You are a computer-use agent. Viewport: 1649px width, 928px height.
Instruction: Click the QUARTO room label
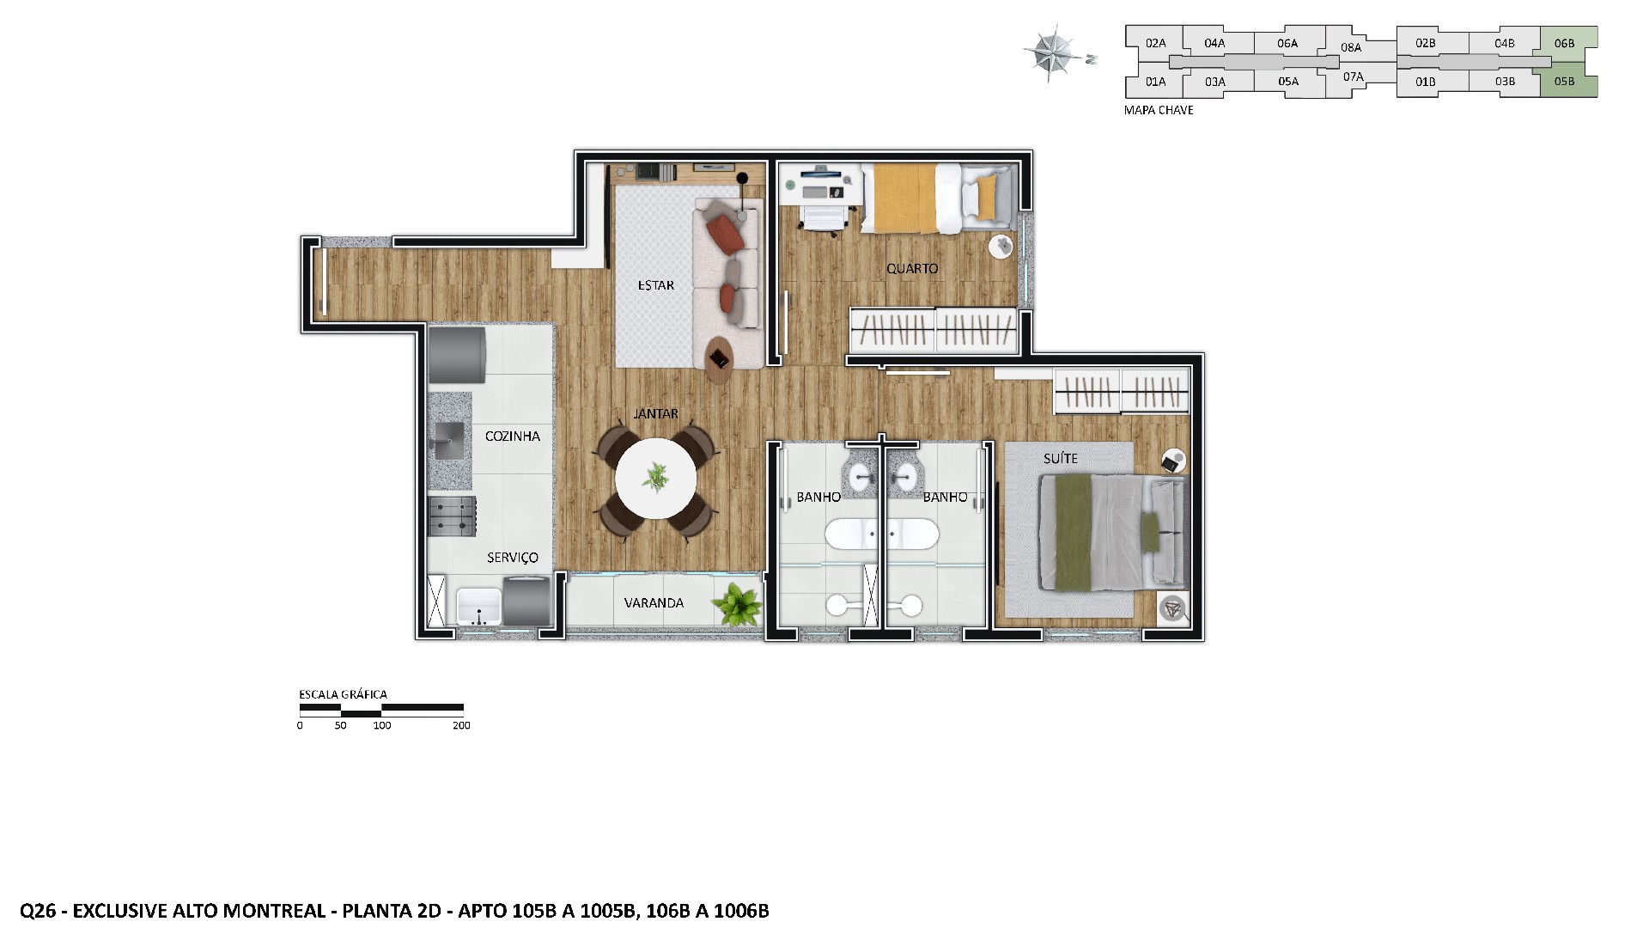[912, 269]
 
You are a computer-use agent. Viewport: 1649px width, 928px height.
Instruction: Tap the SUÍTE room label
[1060, 459]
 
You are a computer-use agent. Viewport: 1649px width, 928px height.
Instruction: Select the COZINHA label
[512, 437]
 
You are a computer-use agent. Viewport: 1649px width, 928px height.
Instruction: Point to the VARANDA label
[654, 603]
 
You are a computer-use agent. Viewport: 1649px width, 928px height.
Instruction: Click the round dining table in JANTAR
[656, 479]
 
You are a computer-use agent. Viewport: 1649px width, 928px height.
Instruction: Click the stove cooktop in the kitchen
[452, 516]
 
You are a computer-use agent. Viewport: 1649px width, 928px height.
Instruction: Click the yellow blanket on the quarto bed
[898, 198]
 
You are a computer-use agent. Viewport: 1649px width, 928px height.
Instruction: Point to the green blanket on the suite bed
[1068, 533]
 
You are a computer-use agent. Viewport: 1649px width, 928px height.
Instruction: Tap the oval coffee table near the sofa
[720, 359]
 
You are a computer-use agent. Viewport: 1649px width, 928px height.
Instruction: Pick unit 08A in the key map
[1351, 48]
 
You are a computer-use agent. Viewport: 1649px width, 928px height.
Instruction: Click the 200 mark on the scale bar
[461, 726]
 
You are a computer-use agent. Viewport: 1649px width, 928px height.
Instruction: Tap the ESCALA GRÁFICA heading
[343, 694]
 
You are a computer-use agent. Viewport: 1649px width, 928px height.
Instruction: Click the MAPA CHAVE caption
[1159, 111]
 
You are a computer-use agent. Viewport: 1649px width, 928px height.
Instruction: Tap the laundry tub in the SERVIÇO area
[478, 607]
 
